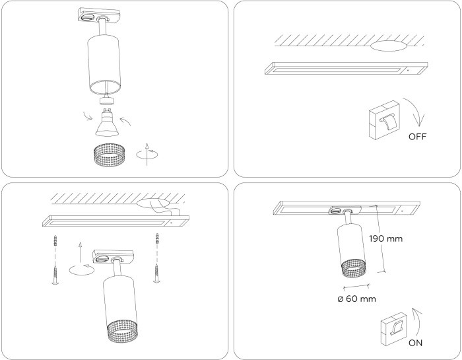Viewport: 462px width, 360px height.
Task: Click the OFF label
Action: click(417, 137)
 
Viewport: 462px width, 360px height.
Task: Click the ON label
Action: click(415, 343)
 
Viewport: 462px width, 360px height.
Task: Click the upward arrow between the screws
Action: click(79, 252)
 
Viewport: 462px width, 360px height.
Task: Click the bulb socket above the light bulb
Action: click(107, 101)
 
